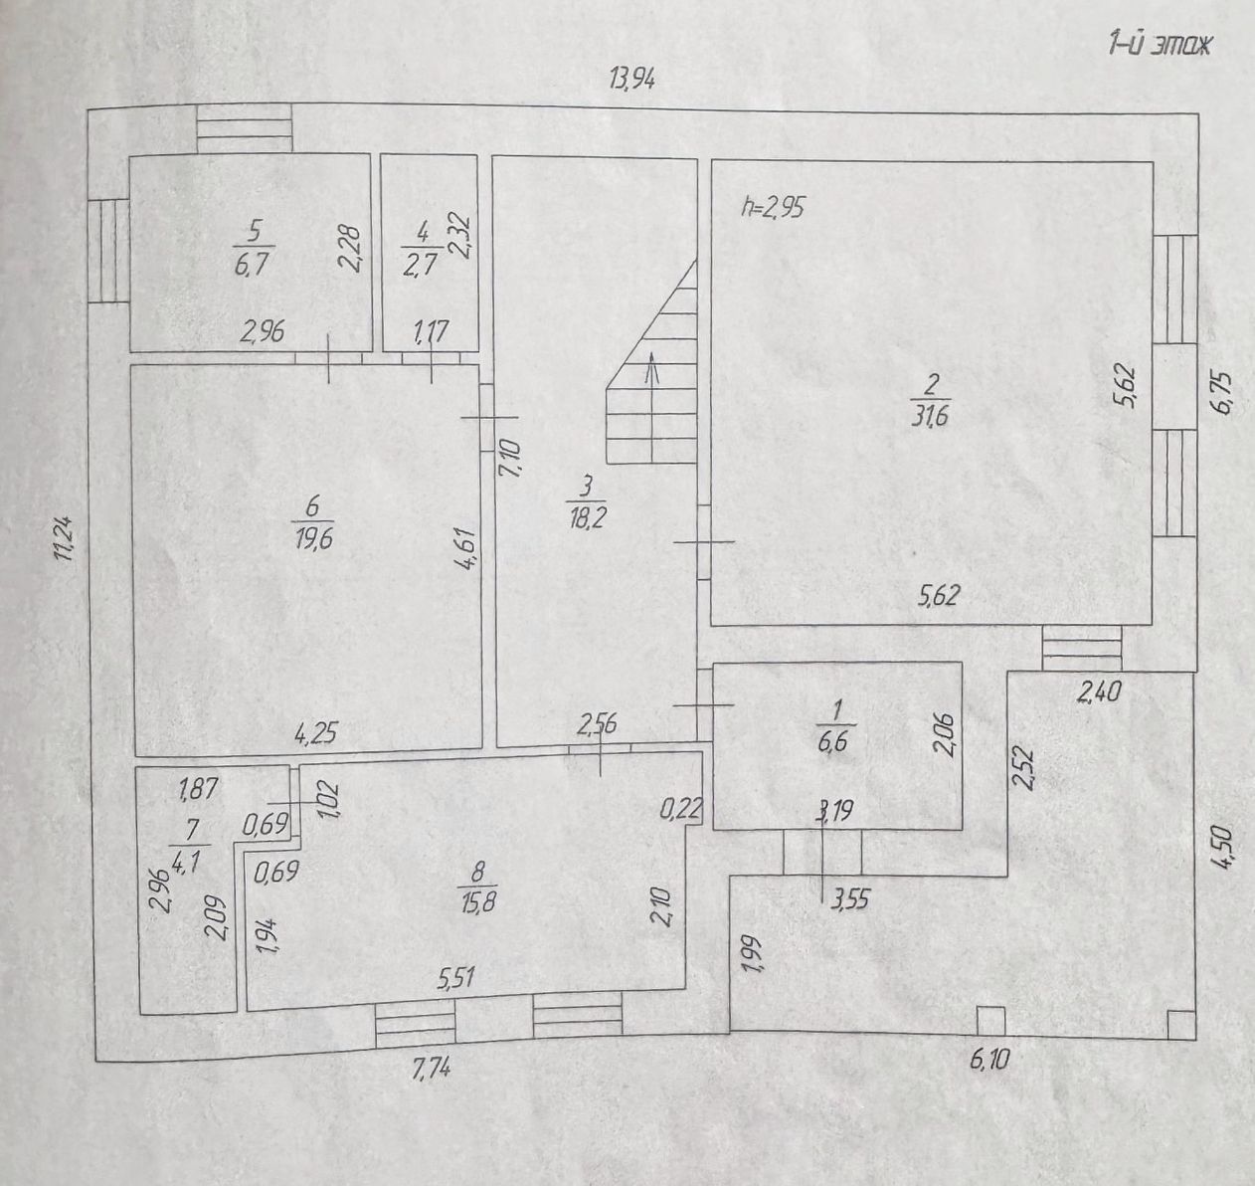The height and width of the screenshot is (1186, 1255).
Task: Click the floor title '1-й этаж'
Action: [x=1160, y=46]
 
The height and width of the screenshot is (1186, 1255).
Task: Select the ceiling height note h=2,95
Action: [x=773, y=208]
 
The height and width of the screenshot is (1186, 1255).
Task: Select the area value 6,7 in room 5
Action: [x=253, y=265]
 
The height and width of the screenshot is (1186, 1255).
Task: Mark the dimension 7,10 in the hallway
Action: [x=509, y=458]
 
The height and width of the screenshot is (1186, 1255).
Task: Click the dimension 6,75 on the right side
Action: [x=1221, y=394]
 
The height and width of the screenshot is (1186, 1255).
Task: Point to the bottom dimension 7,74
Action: [x=430, y=1071]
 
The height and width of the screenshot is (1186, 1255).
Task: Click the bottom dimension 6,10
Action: [x=988, y=1061]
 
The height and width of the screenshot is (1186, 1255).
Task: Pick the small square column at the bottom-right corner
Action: [x=1179, y=1025]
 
